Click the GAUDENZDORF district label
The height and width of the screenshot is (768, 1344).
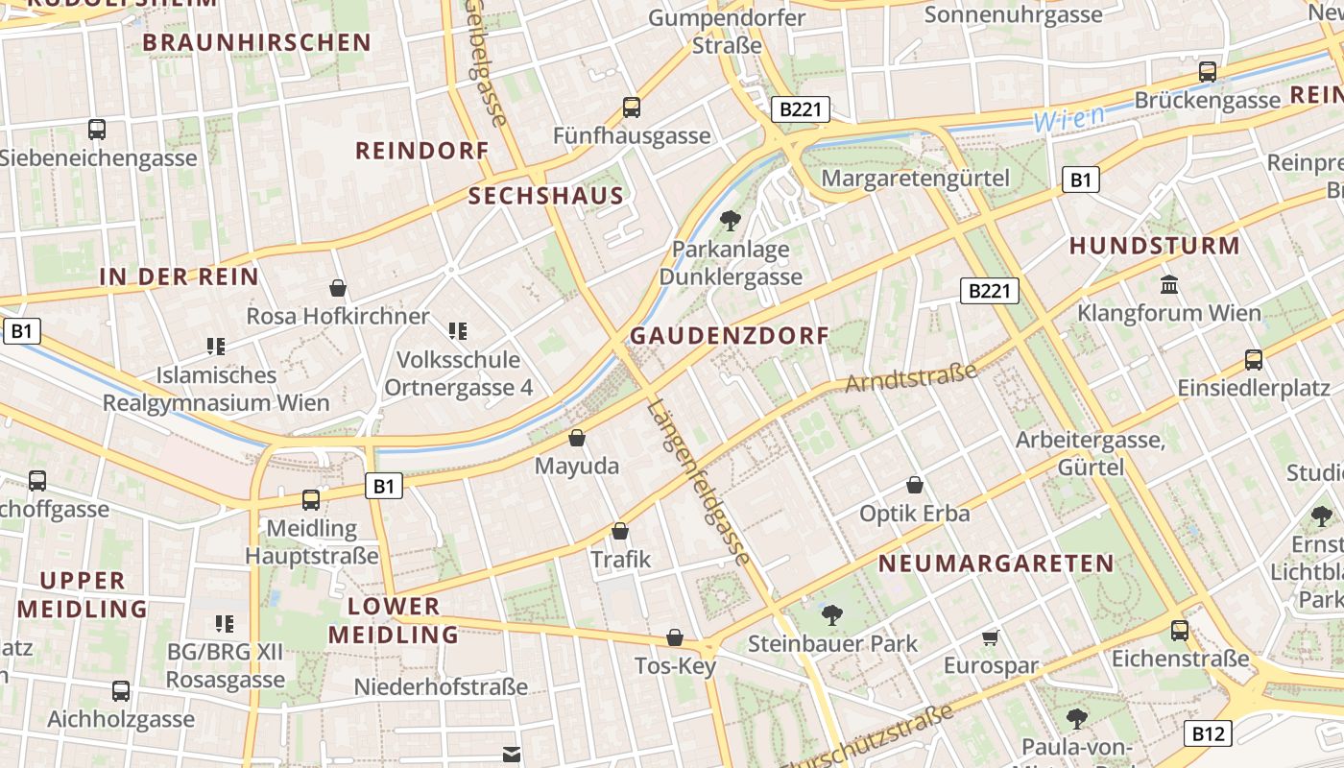pos(729,336)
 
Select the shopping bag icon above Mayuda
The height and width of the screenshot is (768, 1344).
pos(577,439)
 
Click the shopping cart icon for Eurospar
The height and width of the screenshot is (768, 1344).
pos(991,637)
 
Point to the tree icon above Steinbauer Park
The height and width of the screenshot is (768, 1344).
pos(831,614)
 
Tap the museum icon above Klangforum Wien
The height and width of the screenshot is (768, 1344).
pos(1169,284)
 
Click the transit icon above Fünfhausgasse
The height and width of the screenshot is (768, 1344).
pos(631,108)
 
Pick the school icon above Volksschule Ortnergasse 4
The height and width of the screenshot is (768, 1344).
pos(458,331)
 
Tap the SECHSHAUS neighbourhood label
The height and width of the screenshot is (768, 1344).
pos(546,197)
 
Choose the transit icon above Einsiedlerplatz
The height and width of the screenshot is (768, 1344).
pos(1253,360)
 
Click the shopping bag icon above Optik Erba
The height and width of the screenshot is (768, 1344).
pos(915,485)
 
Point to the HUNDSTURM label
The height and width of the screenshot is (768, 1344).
pos(1155,246)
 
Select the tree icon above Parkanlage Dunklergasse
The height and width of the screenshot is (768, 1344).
pos(731,221)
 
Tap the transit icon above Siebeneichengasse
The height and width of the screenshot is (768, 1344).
pos(96,130)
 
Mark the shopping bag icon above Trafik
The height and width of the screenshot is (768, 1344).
pos(620,531)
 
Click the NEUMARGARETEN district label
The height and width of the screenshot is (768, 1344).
pos(996,564)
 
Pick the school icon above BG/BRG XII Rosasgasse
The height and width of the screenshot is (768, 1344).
pos(225,624)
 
